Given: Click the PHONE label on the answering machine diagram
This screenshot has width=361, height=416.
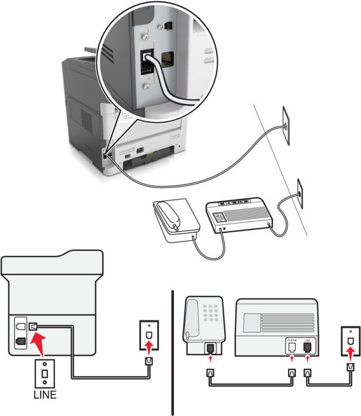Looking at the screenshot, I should pos(292,340).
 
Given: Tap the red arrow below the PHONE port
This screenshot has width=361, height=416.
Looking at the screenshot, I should pos(292,359).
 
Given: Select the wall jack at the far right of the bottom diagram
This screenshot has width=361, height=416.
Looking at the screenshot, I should pos(349,337).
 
